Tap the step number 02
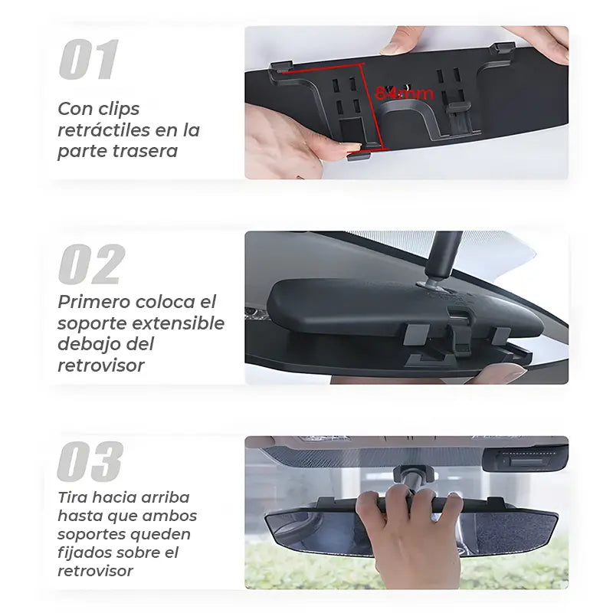[x=91, y=264]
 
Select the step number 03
[x=90, y=462]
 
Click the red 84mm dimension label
[x=405, y=93]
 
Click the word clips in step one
[x=120, y=110]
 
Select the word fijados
[x=84, y=552]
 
